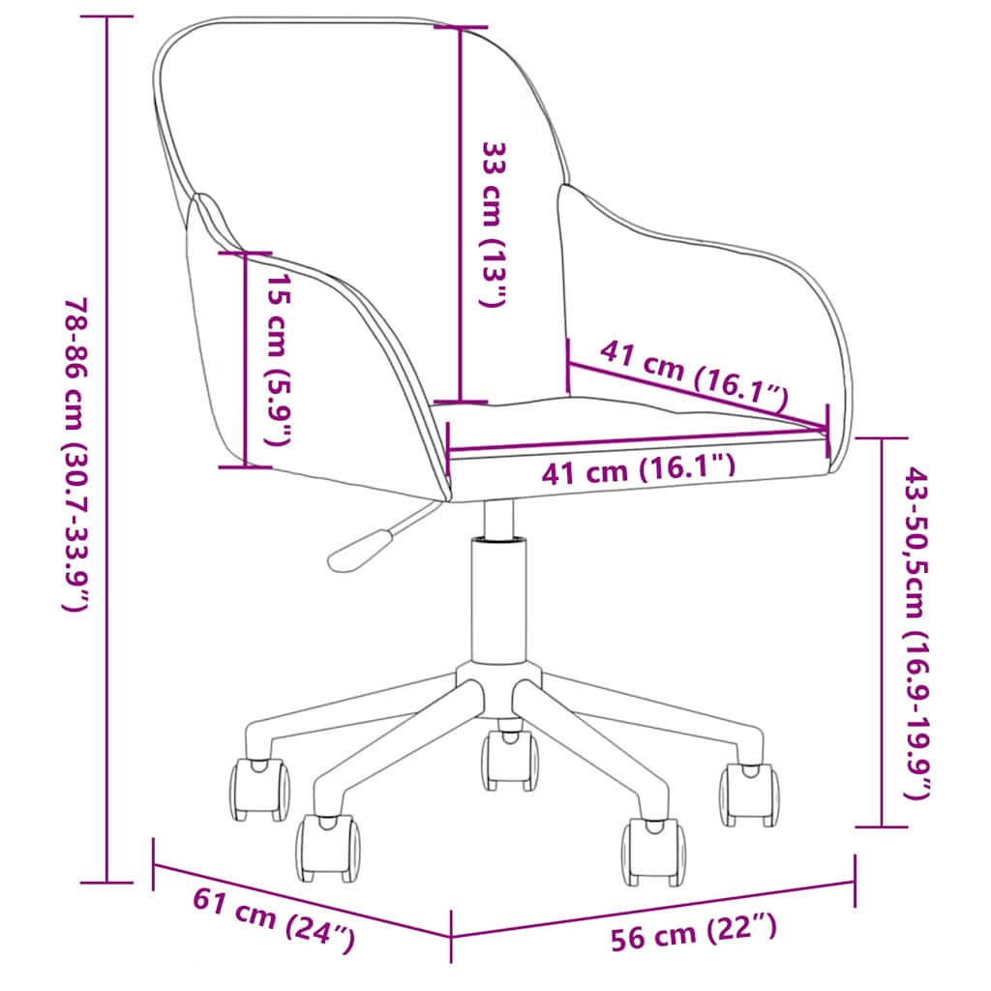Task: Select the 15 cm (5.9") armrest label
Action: [x=278, y=359]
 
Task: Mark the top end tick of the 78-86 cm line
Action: [x=106, y=17]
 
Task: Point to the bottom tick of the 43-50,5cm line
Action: [x=882, y=827]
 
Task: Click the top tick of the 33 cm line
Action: [x=460, y=27]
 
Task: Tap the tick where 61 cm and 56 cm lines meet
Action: [x=452, y=937]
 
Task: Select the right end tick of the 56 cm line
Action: [x=855, y=881]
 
